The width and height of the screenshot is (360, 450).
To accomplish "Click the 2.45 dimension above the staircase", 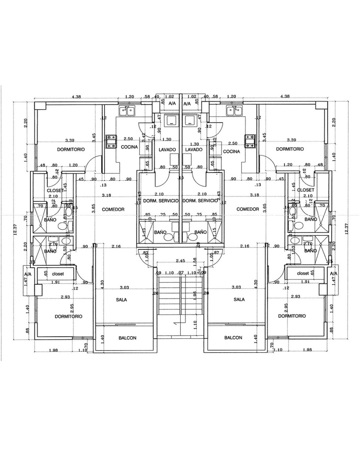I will click(x=181, y=261).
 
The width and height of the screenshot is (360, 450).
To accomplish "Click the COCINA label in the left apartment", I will click(x=129, y=147).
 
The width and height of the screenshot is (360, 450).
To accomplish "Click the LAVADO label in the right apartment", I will click(x=193, y=150).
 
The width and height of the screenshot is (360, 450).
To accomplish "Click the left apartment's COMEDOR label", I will click(x=113, y=209).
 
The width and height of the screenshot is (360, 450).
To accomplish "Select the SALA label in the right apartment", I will click(x=239, y=300).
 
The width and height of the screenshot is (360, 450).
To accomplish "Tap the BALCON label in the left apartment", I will click(x=127, y=338).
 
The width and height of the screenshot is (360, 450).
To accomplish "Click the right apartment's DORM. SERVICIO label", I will click(x=199, y=201).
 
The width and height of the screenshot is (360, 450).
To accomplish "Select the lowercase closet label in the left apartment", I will click(x=58, y=274).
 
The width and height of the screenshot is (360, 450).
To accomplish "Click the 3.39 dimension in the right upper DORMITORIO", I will click(x=291, y=140).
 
